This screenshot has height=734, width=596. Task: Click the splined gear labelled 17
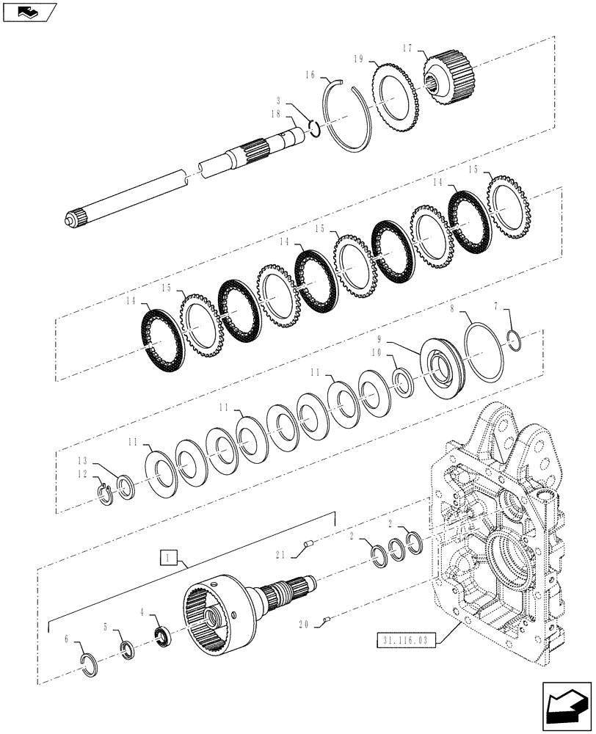450,77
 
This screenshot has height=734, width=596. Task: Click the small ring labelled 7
515,338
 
